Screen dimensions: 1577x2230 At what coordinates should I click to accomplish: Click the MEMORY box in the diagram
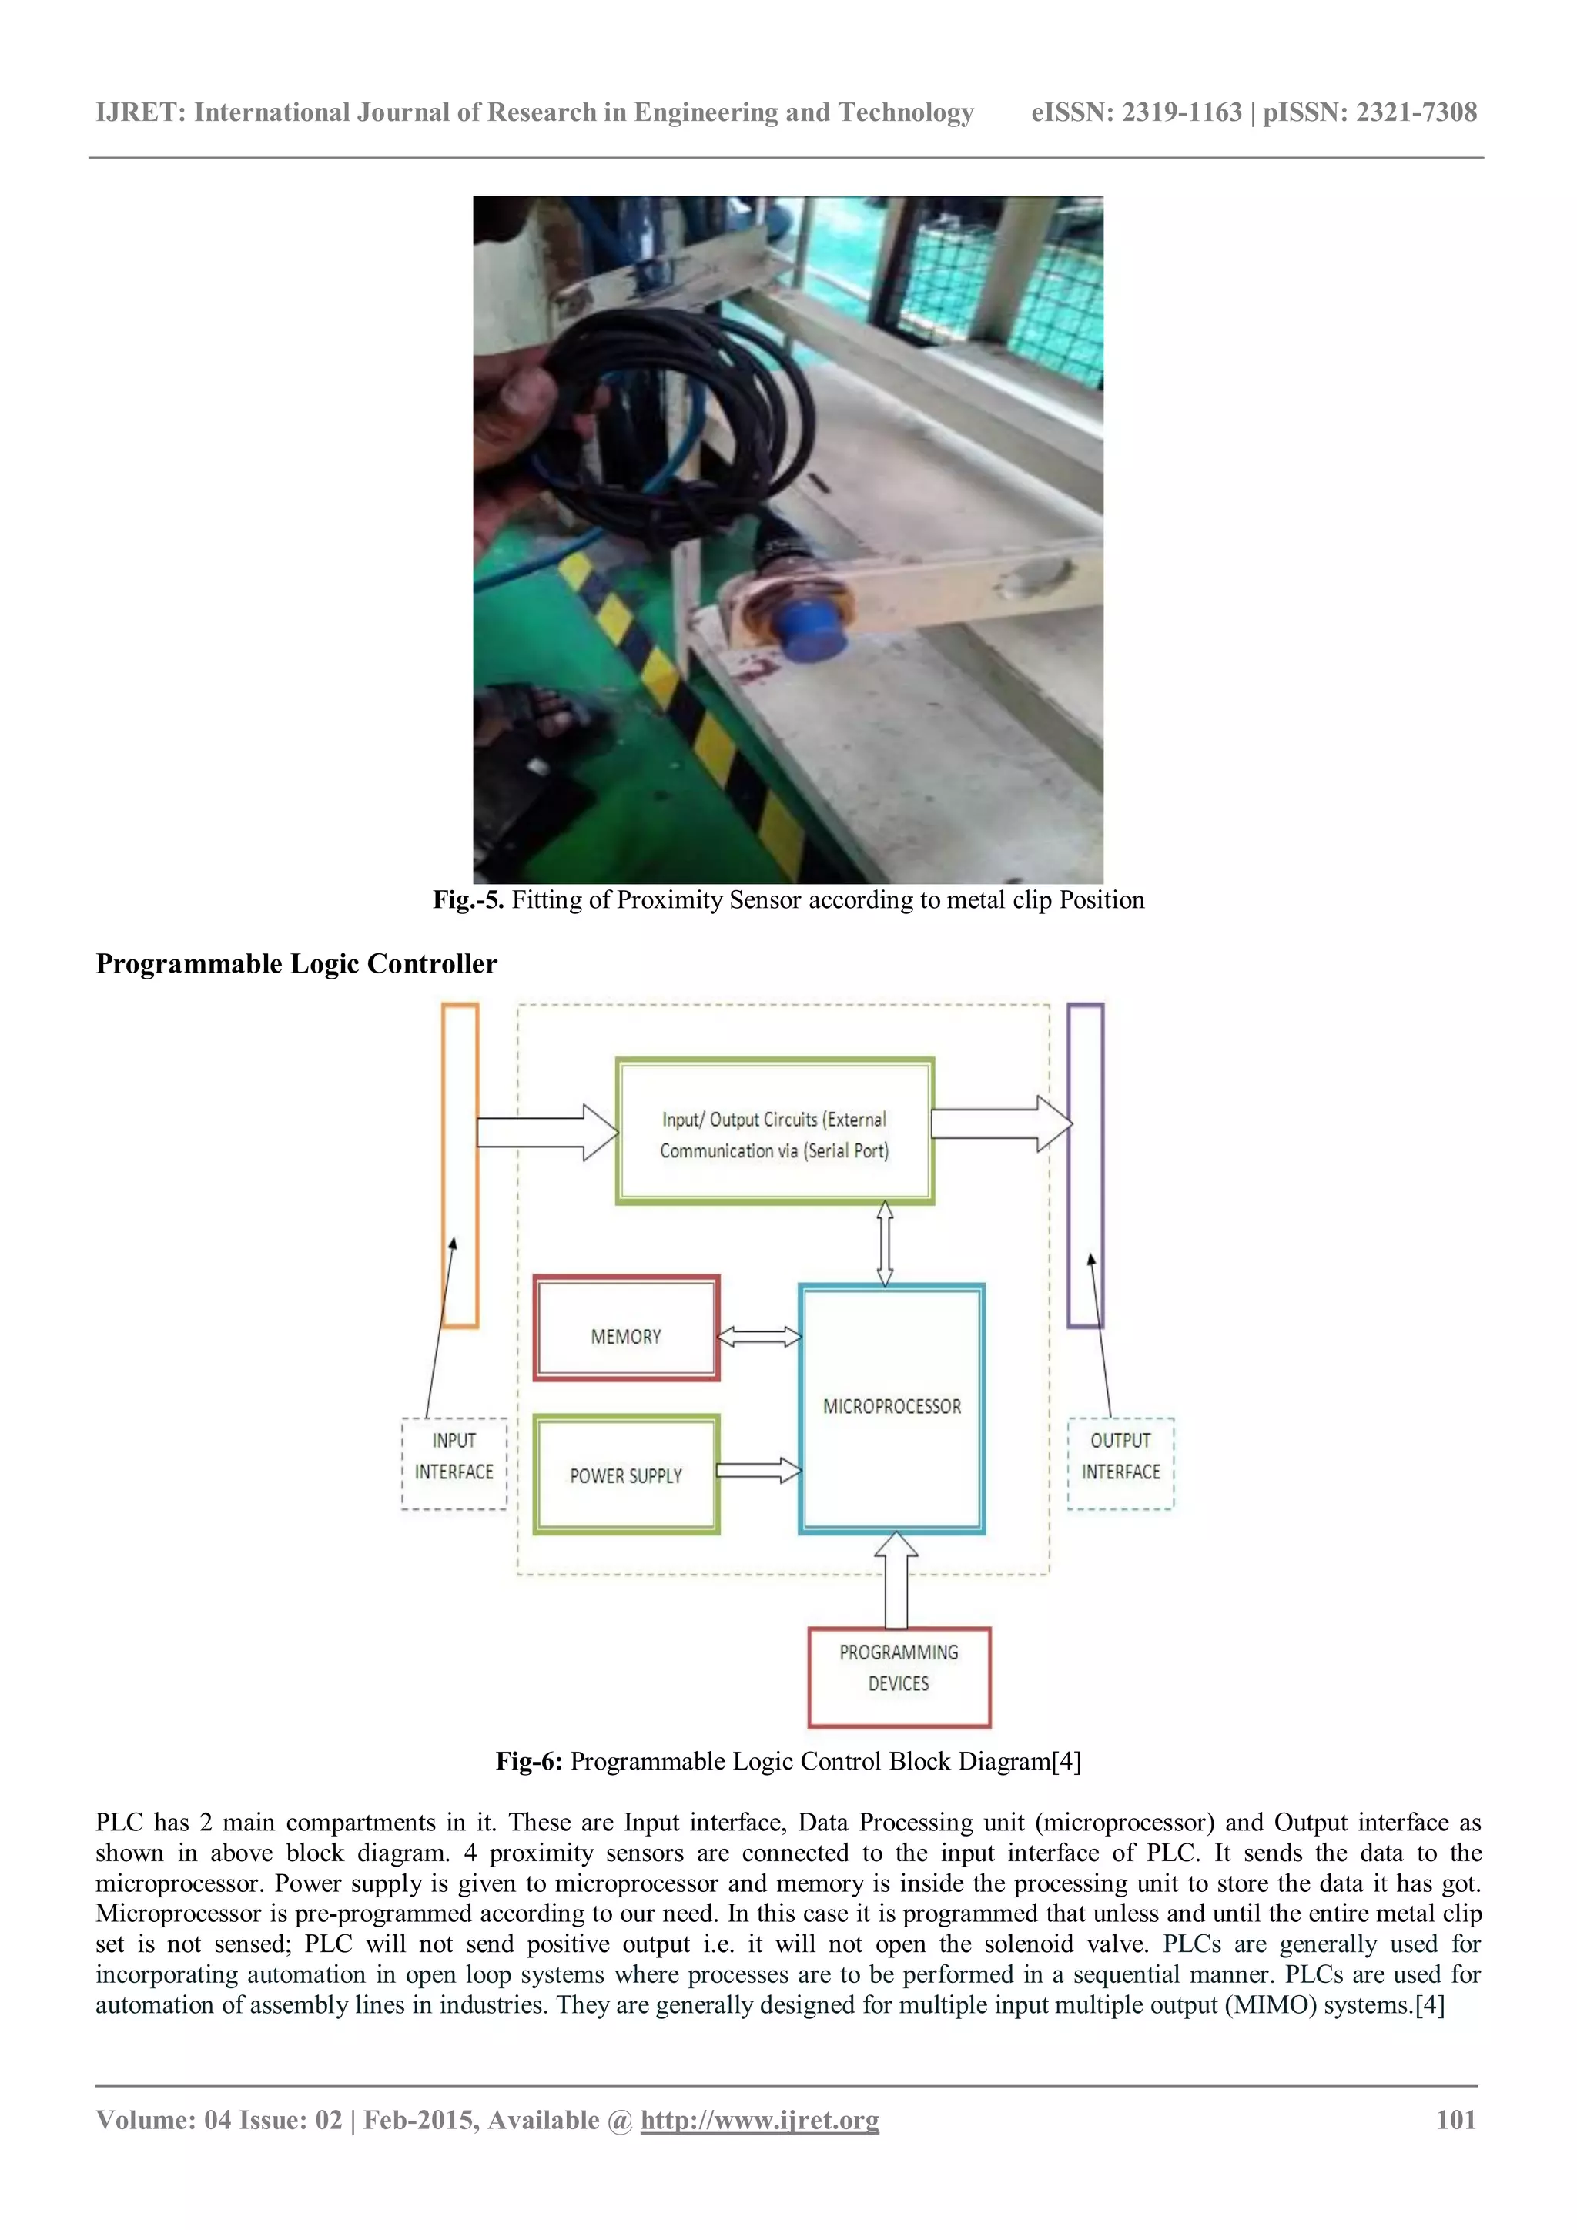click(626, 1328)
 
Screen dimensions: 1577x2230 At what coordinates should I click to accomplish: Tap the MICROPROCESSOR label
click(892, 1406)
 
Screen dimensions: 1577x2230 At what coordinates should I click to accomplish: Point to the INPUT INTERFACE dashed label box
click(454, 1464)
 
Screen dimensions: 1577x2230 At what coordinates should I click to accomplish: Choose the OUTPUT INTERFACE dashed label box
click(1120, 1464)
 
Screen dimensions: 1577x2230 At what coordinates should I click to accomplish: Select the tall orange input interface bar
click(460, 1166)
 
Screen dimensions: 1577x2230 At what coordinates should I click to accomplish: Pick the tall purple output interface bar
click(1086, 1166)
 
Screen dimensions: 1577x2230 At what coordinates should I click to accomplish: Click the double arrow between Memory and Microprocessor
click(759, 1338)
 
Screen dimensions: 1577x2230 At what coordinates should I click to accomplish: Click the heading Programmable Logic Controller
click(296, 963)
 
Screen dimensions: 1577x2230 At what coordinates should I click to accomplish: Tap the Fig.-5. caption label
click(468, 900)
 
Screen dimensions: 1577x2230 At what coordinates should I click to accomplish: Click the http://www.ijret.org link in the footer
click(759, 2120)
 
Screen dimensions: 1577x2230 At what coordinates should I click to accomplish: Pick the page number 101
click(1455, 2120)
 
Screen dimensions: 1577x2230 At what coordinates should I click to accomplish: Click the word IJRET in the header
click(140, 112)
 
